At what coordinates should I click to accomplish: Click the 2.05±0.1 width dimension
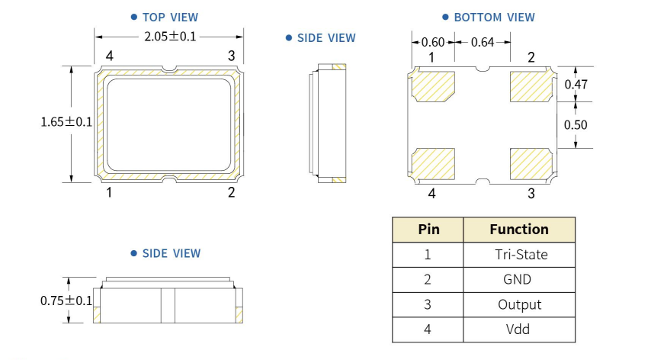tap(170, 36)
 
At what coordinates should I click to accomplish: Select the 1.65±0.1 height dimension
tap(66, 121)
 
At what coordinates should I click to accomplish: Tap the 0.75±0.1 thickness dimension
tap(66, 301)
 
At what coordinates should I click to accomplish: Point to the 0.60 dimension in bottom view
tap(433, 43)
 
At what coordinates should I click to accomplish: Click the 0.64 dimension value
tap(482, 43)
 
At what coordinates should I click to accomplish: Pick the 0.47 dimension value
tap(576, 85)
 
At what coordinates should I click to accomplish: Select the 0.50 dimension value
tap(576, 124)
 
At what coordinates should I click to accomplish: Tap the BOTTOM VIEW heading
tap(494, 17)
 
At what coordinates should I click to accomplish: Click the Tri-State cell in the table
tap(519, 255)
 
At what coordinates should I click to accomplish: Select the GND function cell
tap(519, 280)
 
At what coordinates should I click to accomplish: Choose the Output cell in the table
tap(519, 305)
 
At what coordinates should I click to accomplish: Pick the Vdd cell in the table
tap(519, 329)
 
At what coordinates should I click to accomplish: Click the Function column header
tap(519, 230)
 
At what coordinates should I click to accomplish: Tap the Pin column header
tap(428, 230)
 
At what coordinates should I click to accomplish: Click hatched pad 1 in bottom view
tap(433, 85)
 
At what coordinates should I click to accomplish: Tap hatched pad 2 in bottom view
tap(531, 85)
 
